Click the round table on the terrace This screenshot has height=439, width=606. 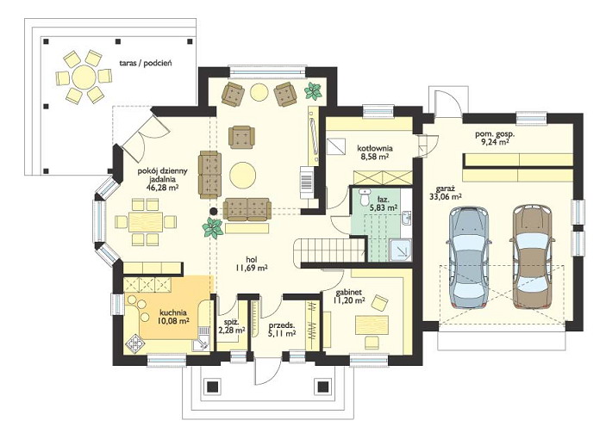(x=84, y=77)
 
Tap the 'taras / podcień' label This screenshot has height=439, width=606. (x=146, y=63)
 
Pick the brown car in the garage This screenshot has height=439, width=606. (x=533, y=257)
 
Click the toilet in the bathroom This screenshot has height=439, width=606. (x=363, y=197)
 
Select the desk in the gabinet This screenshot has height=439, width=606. (x=372, y=325)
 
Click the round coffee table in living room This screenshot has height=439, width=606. (x=242, y=175)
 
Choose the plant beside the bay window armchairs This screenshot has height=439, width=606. (x=313, y=91)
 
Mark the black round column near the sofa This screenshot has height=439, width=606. (x=213, y=211)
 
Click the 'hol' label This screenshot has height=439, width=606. (x=252, y=259)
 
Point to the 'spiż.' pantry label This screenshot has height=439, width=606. (x=231, y=321)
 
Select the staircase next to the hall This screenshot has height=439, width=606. (x=329, y=251)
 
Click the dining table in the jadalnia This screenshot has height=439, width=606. (x=146, y=222)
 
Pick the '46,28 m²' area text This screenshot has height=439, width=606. (x=162, y=188)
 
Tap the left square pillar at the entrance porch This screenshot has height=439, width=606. (x=212, y=386)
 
